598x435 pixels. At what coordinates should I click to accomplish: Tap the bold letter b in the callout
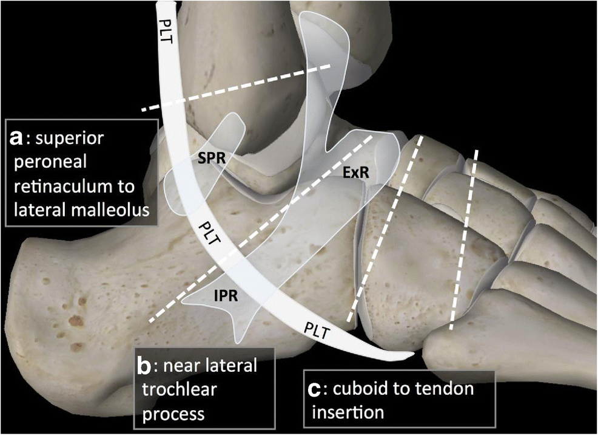coord(145,366)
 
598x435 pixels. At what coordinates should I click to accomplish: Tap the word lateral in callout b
coord(229,366)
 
